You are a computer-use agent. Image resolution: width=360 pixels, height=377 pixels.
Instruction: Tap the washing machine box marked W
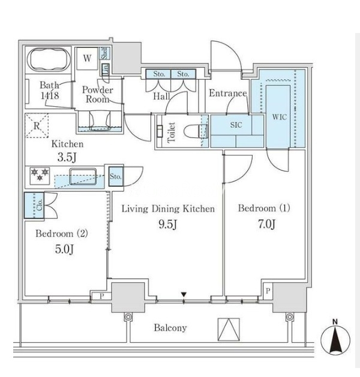click(88, 58)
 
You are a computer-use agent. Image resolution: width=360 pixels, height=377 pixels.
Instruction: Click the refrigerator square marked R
click(37, 125)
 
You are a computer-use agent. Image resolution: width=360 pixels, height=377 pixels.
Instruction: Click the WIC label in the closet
click(280, 116)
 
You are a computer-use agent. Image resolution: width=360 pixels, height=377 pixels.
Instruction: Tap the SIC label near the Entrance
click(236, 125)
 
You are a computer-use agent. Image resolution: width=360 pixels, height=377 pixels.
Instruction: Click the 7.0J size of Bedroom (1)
click(265, 225)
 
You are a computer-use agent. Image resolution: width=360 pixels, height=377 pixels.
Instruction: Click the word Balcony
click(170, 328)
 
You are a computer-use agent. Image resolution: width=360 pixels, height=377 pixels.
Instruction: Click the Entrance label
click(227, 94)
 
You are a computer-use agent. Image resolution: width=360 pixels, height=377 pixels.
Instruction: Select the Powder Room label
click(97, 94)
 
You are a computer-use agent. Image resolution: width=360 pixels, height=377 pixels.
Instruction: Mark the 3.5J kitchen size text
click(67, 157)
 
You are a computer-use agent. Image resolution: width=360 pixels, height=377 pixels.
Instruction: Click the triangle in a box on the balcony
click(228, 330)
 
